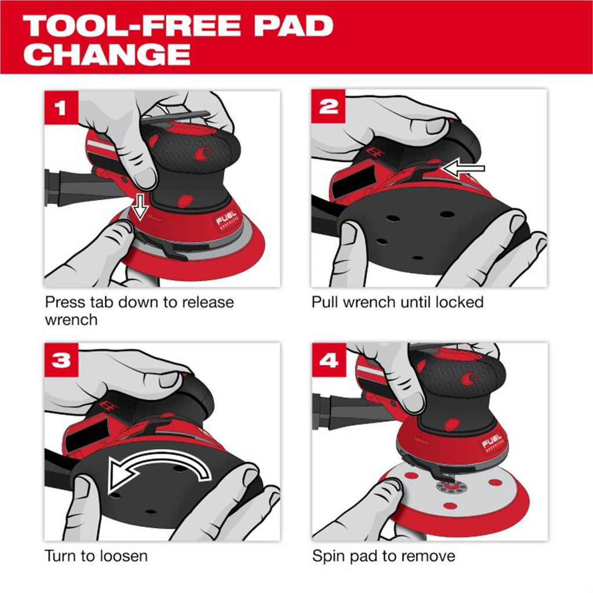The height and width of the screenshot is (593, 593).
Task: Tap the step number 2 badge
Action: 328,107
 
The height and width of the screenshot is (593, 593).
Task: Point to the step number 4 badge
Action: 329,360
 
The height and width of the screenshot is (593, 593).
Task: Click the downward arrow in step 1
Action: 140,207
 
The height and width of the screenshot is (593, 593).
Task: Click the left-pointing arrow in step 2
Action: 464,169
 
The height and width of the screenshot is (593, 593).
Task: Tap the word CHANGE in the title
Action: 107,54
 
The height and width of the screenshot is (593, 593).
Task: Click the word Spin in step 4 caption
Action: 329,557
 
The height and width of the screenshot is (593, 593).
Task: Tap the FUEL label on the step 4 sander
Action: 492,441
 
